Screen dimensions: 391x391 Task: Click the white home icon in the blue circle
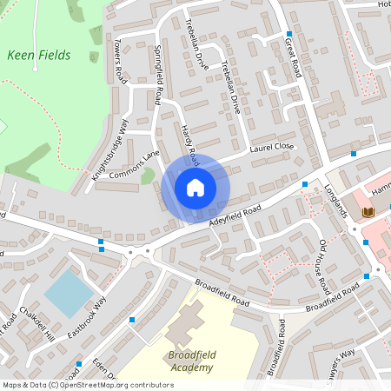pyautogui.click(x=195, y=187)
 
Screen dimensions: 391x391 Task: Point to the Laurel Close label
pyautogui.click(x=272, y=149)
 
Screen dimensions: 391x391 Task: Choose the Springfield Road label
pyautogui.click(x=158, y=75)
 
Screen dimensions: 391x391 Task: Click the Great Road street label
pyautogui.click(x=292, y=56)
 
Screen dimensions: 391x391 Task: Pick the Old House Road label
pyautogui.click(x=322, y=264)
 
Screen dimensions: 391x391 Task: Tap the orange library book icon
pyautogui.click(x=368, y=211)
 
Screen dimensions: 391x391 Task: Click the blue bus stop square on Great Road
pyautogui.click(x=289, y=34)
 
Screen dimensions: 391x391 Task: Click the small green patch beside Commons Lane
pyautogui.click(x=148, y=176)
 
